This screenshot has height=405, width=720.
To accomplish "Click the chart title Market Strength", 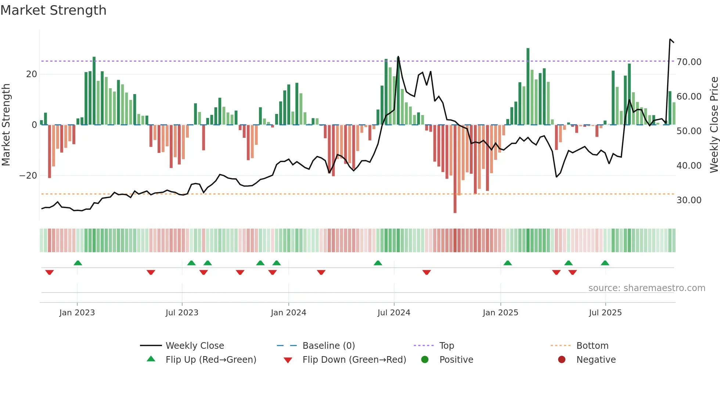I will tap(53, 10).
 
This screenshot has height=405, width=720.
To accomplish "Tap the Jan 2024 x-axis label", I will tap(288, 313).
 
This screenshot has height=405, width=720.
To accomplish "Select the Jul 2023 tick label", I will tap(182, 313).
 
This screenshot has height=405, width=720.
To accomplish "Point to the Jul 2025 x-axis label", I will tap(605, 313).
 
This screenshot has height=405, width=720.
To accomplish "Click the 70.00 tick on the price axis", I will tap(689, 62).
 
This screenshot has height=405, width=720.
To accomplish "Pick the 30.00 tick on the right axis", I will tap(689, 200).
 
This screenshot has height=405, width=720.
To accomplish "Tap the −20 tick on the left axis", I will tap(28, 176).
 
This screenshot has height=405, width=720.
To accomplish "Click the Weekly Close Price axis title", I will tap(714, 125).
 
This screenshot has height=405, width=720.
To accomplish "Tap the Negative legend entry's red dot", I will tap(562, 360).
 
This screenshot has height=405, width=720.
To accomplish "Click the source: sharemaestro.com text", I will tap(647, 288).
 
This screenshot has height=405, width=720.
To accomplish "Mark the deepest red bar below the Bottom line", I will tap(455, 206).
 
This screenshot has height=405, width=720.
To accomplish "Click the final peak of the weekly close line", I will tap(670, 39).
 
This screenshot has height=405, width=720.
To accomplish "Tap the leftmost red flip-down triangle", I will tap(50, 272).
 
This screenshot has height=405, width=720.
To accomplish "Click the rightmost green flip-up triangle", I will tap(605, 263).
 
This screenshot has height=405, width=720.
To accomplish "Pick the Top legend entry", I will tap(446, 346).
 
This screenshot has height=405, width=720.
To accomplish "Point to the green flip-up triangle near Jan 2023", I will tap(78, 263).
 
